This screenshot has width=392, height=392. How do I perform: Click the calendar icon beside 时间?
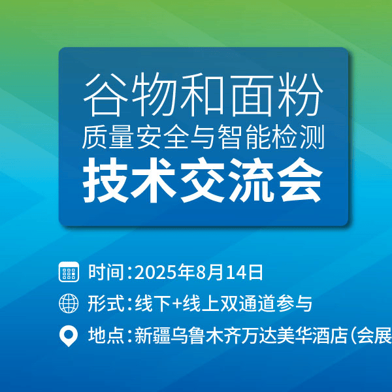pos(69,272)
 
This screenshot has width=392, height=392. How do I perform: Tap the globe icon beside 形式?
pos(69,304)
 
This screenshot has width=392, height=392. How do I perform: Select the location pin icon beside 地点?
pos(69,336)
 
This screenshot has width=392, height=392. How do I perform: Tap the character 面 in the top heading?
pos(252,95)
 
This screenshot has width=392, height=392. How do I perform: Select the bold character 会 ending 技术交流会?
pos(301,180)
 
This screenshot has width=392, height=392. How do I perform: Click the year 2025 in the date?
pos(153,272)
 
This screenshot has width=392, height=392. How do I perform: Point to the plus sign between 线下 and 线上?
pos(177,304)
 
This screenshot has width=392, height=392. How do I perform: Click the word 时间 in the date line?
pos(106,272)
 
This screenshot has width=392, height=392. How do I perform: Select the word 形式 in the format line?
pos(106,304)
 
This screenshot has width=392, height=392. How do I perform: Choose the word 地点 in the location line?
pos(106,336)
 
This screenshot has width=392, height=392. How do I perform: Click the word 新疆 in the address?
pos(152,336)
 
